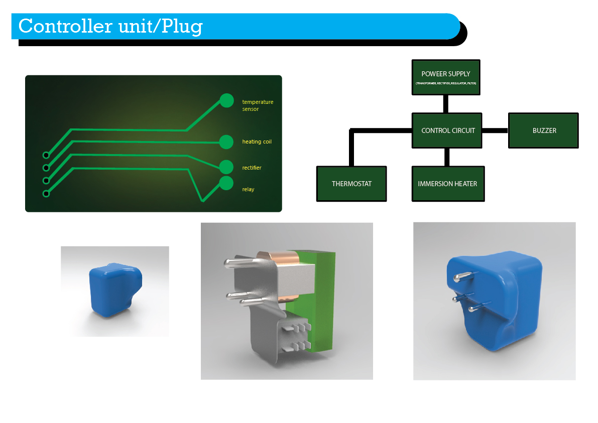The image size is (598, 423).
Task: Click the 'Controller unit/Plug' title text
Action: click(x=110, y=26)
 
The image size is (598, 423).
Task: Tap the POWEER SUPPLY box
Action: click(x=445, y=77)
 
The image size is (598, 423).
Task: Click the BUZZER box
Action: click(x=544, y=130)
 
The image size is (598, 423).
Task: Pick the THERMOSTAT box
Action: click(x=351, y=184)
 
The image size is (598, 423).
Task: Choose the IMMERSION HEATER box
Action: click(x=447, y=184)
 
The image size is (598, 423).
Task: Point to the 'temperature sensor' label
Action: click(x=258, y=105)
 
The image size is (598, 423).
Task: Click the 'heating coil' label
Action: click(x=257, y=142)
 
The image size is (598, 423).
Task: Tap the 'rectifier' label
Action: click(x=252, y=168)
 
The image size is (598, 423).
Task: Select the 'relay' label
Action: click(x=248, y=189)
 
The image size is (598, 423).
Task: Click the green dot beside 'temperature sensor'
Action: click(x=226, y=100)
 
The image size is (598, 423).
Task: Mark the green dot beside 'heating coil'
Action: click(x=226, y=142)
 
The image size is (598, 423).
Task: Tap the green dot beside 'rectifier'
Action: click(x=226, y=167)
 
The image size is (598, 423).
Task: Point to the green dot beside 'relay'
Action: click(x=226, y=183)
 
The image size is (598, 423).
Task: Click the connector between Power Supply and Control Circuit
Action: click(x=445, y=104)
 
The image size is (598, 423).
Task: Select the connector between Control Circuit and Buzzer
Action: click(x=496, y=130)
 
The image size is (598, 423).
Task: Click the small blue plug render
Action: click(x=114, y=290)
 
